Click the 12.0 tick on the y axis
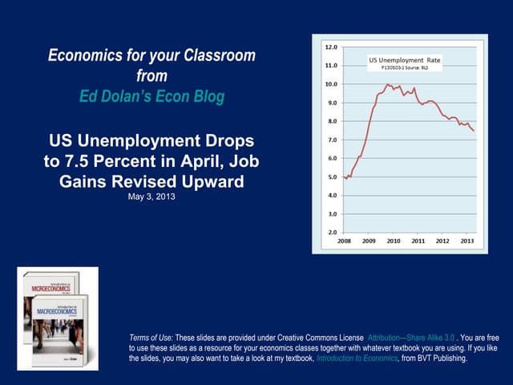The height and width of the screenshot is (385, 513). (330, 47)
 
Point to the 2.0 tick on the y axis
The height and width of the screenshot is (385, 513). (330, 233)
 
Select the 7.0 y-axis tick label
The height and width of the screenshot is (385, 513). (330, 140)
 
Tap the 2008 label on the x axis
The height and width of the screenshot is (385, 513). (345, 241)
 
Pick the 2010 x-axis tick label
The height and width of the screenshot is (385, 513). (394, 241)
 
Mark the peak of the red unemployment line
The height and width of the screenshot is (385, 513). (387, 84)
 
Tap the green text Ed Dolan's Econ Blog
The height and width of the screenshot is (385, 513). (152, 97)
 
